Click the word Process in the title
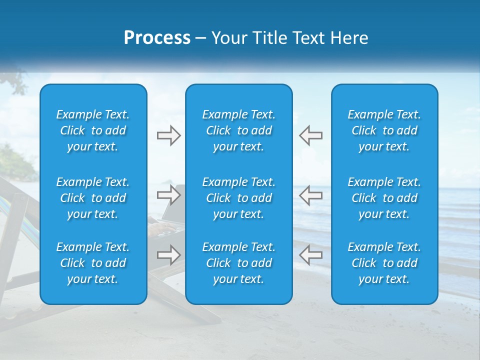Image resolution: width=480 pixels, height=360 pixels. tap(157, 38)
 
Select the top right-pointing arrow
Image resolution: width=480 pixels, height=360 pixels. tap(168, 135)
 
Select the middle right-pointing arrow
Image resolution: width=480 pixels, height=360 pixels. tap(168, 195)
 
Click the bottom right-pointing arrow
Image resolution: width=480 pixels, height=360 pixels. tap(168, 255)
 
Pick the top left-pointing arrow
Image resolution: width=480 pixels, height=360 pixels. tap(310, 135)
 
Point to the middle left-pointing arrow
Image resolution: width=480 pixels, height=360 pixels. tap(310, 195)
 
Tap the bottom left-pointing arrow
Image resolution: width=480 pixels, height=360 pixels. tap(310, 255)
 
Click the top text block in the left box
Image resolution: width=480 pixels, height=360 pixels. tap(93, 130)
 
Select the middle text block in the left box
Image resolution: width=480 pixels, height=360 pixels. tap(93, 198)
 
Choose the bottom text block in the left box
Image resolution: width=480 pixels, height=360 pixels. tap(93, 263)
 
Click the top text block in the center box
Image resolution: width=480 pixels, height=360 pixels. tap(239, 130)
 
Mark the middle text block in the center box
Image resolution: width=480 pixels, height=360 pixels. tap(239, 198)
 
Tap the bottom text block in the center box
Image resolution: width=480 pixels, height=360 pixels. tap(239, 263)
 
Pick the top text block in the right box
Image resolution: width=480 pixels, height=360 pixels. tap(384, 130)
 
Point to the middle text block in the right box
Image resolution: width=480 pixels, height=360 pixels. tap(384, 198)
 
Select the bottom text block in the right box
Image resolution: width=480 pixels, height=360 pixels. tap(384, 263)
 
